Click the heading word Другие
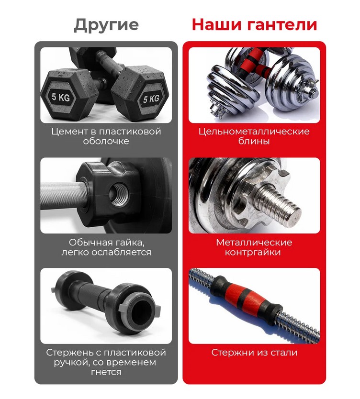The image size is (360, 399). pos(106,25)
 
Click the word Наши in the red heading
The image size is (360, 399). pos(216,24)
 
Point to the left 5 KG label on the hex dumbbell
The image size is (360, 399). pos(61,97)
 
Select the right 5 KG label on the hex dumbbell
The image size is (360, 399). pos(151,98)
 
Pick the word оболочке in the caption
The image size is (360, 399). pos(106,141)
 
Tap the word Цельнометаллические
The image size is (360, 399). pos(254,132)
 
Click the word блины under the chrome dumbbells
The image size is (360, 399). pos(254,141)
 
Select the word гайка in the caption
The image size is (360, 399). pos(130,243)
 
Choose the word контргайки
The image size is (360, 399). pos(253,252)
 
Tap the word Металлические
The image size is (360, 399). pos(254,243)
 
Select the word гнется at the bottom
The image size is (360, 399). pos(106,372)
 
